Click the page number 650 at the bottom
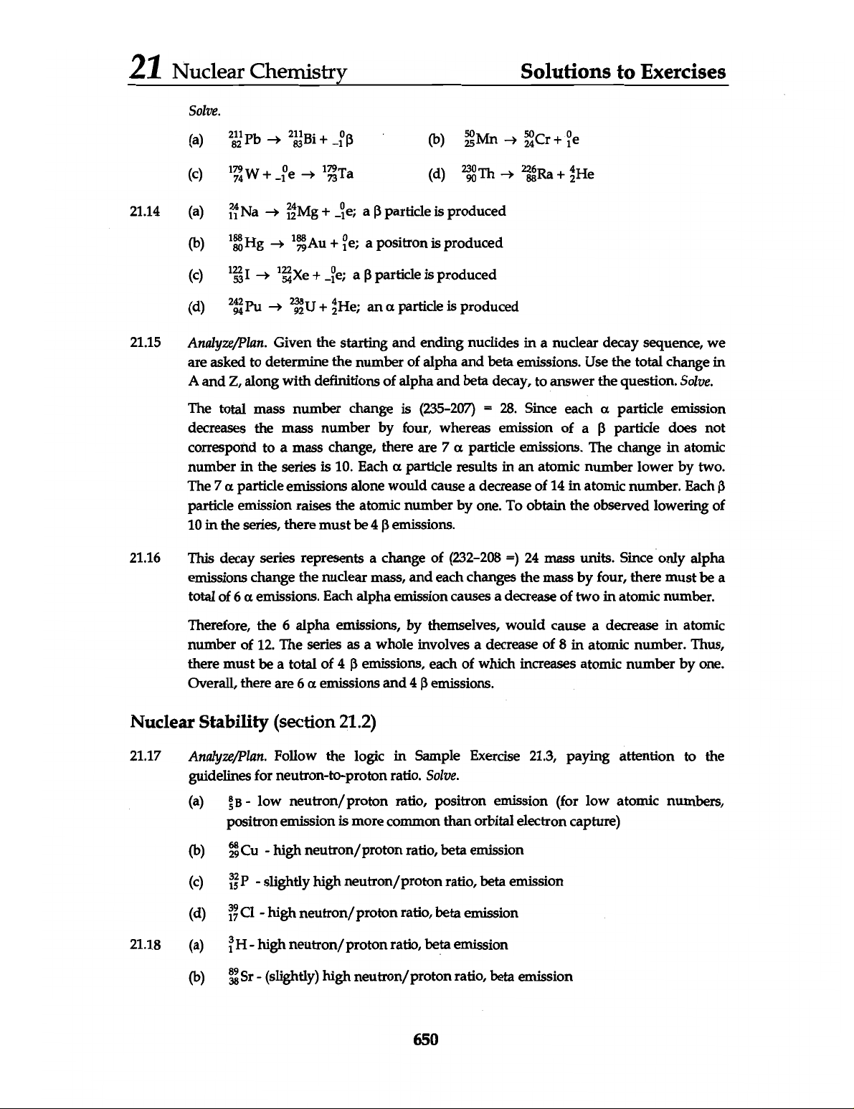(425, 1039)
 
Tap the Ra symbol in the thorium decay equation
(554, 174)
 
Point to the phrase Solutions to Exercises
(623, 72)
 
